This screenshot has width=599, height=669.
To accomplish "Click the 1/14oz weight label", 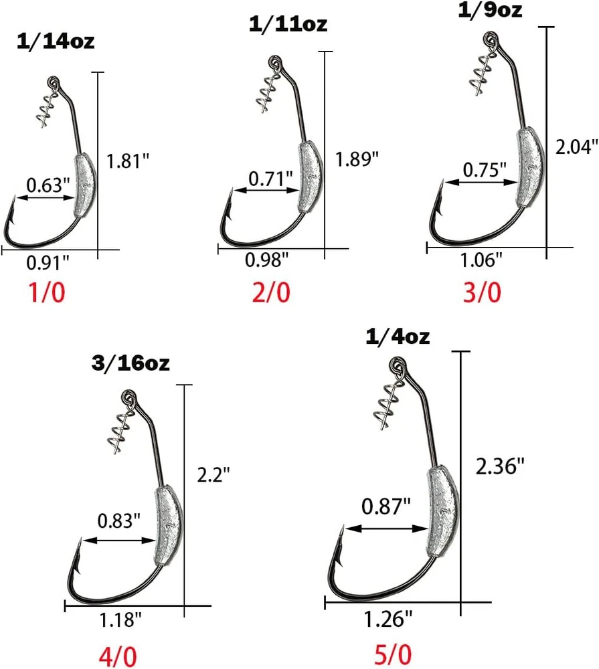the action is pyautogui.click(x=56, y=41).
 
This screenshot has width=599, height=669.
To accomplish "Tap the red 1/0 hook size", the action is pyautogui.click(x=47, y=293).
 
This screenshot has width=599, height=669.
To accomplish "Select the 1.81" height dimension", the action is pyautogui.click(x=128, y=161).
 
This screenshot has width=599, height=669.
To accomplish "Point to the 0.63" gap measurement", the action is pyautogui.click(x=48, y=185).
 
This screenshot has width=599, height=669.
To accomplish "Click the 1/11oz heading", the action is pyautogui.click(x=288, y=23).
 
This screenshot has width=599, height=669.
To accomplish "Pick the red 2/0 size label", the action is pyautogui.click(x=271, y=292).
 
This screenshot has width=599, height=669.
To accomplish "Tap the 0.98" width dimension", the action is pyautogui.click(x=267, y=260).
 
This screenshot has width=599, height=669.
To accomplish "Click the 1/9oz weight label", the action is pyautogui.click(x=490, y=10).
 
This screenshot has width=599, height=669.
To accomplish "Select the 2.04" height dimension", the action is pyautogui.click(x=576, y=147).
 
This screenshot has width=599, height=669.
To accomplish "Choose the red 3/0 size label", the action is pyautogui.click(x=482, y=293).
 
